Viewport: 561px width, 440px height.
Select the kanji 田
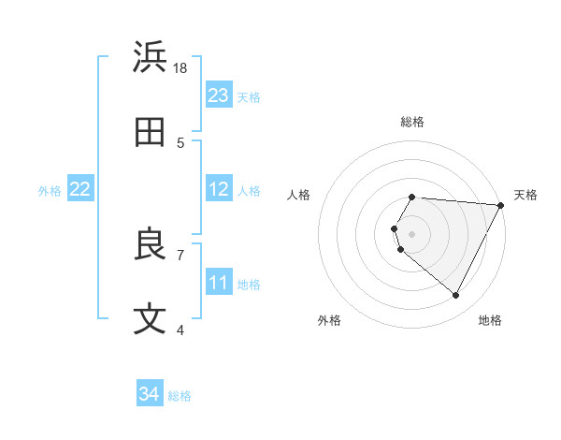(151, 132)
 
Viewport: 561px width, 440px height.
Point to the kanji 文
(151, 319)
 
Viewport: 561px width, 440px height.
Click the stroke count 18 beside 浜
(180, 68)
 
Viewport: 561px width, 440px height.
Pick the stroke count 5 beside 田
(180, 143)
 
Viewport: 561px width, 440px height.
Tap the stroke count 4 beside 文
(180, 330)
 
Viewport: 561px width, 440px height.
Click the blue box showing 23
(219, 95)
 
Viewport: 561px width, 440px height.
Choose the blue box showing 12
(219, 189)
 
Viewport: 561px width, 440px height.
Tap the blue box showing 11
(219, 282)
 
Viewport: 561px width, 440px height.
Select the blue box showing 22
(80, 189)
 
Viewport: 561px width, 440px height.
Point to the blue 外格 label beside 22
(50, 190)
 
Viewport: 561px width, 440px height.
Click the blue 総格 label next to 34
(180, 396)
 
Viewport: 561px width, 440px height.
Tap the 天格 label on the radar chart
(525, 195)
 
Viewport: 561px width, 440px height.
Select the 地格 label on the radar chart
(490, 320)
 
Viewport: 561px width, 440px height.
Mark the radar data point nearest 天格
(501, 205)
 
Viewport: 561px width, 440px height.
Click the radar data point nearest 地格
(456, 296)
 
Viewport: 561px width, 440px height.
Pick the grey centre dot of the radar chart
(412, 234)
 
